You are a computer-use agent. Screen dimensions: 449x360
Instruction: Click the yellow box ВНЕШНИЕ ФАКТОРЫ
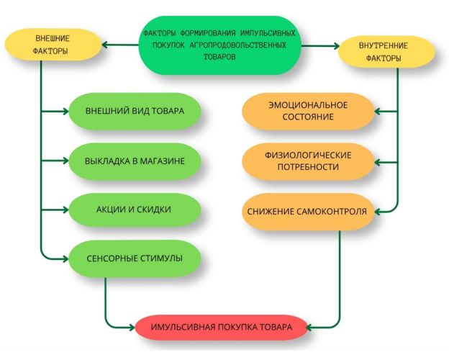53,45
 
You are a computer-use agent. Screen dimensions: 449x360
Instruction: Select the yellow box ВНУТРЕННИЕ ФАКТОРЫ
386,52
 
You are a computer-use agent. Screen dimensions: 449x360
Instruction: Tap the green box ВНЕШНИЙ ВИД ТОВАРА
135,111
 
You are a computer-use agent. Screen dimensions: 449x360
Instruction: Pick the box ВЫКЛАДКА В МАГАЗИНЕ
135,161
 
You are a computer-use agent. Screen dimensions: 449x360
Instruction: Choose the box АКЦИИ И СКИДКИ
135,210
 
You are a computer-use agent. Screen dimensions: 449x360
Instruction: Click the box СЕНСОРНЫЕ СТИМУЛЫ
135,258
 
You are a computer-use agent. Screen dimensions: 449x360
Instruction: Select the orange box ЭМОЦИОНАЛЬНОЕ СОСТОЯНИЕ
309,111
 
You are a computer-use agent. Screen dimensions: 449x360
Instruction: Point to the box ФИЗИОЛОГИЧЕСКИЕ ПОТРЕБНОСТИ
309,161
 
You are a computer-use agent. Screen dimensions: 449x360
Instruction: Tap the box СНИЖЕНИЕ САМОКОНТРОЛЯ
309,212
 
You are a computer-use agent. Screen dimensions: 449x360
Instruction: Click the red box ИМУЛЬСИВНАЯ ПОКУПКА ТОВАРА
221,328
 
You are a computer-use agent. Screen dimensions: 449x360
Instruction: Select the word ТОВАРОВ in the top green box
219,57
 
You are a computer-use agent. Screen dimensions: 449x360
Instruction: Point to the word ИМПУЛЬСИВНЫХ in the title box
268,33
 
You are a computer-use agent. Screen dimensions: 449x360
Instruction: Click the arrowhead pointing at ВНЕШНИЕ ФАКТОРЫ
105,45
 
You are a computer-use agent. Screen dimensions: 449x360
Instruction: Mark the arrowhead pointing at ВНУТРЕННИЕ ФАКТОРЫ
335,46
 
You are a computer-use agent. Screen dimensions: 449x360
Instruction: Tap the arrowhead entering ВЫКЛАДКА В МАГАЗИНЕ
65,161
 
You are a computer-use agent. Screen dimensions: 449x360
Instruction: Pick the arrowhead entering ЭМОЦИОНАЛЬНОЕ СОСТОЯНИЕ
378,111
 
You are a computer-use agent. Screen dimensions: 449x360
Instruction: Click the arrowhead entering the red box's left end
132,328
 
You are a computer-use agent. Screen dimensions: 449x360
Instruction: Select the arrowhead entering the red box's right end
310,328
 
